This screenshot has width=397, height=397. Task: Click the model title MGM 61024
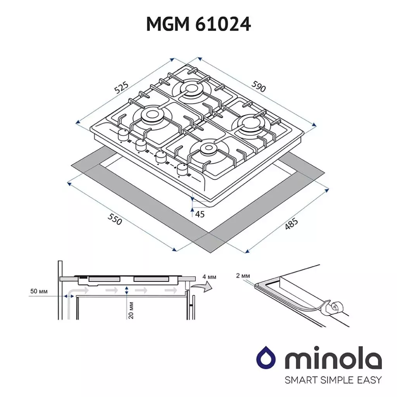point(198,24)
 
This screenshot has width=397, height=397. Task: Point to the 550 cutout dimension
point(115,220)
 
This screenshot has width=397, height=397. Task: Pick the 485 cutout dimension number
point(291,224)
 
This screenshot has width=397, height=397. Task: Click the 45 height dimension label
point(200,214)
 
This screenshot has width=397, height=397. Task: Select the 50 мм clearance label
point(38,291)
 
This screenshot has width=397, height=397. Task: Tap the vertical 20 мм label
point(131,310)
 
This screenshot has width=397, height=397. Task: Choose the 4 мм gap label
point(209,277)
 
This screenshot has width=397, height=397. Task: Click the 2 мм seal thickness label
point(243,276)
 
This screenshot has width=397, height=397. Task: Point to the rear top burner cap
point(192,89)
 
